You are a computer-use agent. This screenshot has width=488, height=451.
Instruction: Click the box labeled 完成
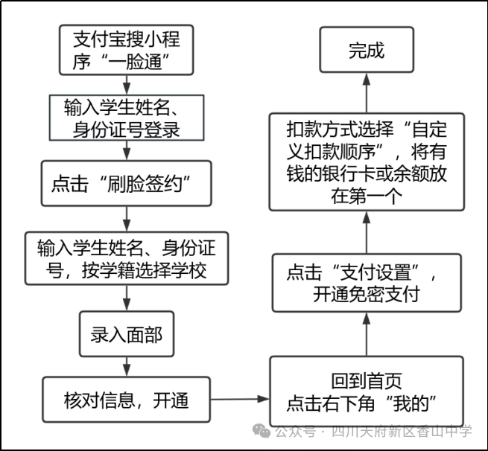click(366, 51)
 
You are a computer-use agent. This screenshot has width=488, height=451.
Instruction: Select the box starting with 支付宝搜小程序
click(126, 51)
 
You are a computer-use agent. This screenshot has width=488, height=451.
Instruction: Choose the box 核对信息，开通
click(126, 400)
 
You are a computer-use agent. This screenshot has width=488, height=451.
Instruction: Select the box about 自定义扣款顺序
click(366, 161)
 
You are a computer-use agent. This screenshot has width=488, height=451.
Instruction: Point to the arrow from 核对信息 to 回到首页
click(239, 400)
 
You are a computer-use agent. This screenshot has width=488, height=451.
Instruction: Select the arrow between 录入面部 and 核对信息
click(126, 367)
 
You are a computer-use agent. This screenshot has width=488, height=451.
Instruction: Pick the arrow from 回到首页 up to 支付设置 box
click(366, 334)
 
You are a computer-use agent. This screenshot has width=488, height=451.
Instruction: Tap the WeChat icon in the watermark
click(262, 432)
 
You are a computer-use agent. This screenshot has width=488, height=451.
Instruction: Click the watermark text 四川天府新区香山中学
click(402, 432)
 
